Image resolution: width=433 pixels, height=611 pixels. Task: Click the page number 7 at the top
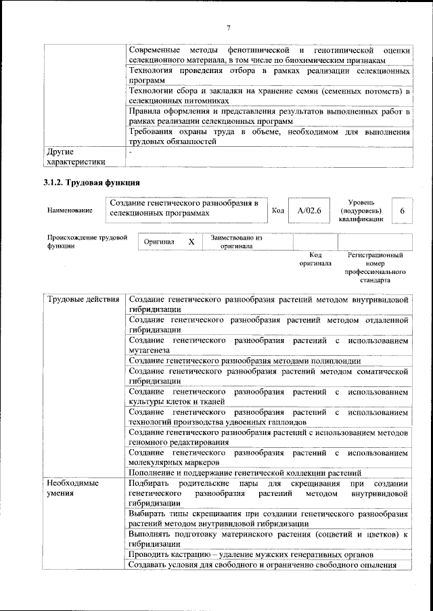pos(229,28)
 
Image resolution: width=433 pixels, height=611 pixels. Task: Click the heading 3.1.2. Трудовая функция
pos(91,183)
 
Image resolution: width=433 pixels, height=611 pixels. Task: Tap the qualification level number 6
pos(402,211)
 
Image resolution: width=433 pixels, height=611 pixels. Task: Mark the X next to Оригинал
pos(191,242)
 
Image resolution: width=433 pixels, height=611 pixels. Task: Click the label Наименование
pos(70,211)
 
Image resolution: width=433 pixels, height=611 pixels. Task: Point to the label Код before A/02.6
pos(277,211)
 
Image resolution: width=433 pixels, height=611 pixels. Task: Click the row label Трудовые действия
pos(83,299)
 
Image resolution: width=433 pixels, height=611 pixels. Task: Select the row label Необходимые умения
pos(73,489)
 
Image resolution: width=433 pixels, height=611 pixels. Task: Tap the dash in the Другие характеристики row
pos(131,153)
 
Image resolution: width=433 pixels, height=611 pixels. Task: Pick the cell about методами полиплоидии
pos(268,361)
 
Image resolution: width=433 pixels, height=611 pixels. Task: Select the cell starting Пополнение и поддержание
pos(268,472)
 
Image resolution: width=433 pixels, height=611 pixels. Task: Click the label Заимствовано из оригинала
pos(236,242)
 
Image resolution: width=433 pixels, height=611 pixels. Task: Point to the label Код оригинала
pos(315,258)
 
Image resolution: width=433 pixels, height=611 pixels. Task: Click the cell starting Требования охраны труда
pos(268,137)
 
